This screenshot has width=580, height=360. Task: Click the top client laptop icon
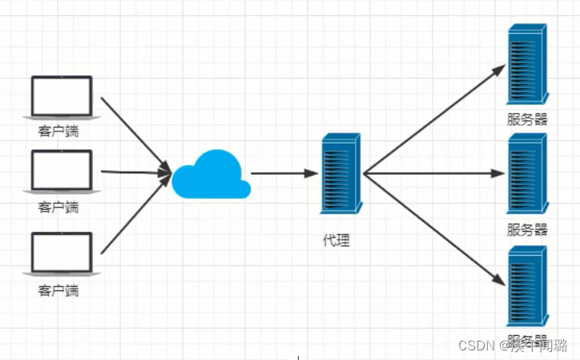(62, 98)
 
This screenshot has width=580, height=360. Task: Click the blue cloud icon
(211, 176)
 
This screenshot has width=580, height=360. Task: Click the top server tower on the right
(527, 65)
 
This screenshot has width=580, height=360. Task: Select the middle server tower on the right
(527, 173)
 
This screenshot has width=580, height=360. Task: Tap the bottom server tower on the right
(527, 285)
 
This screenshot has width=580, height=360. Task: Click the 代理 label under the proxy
(336, 240)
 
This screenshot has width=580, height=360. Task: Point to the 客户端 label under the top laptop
(58, 131)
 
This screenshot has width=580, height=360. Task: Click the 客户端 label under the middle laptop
(58, 208)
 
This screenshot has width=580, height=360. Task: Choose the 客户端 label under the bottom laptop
(58, 290)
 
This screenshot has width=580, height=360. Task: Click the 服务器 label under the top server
(527, 119)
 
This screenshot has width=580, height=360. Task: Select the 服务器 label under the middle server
(527, 229)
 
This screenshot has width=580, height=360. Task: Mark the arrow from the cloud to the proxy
(280, 173)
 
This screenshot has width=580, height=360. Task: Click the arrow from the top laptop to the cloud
(135, 134)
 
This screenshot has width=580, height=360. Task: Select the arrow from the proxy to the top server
(433, 120)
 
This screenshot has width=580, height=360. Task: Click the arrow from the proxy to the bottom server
(433, 229)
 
